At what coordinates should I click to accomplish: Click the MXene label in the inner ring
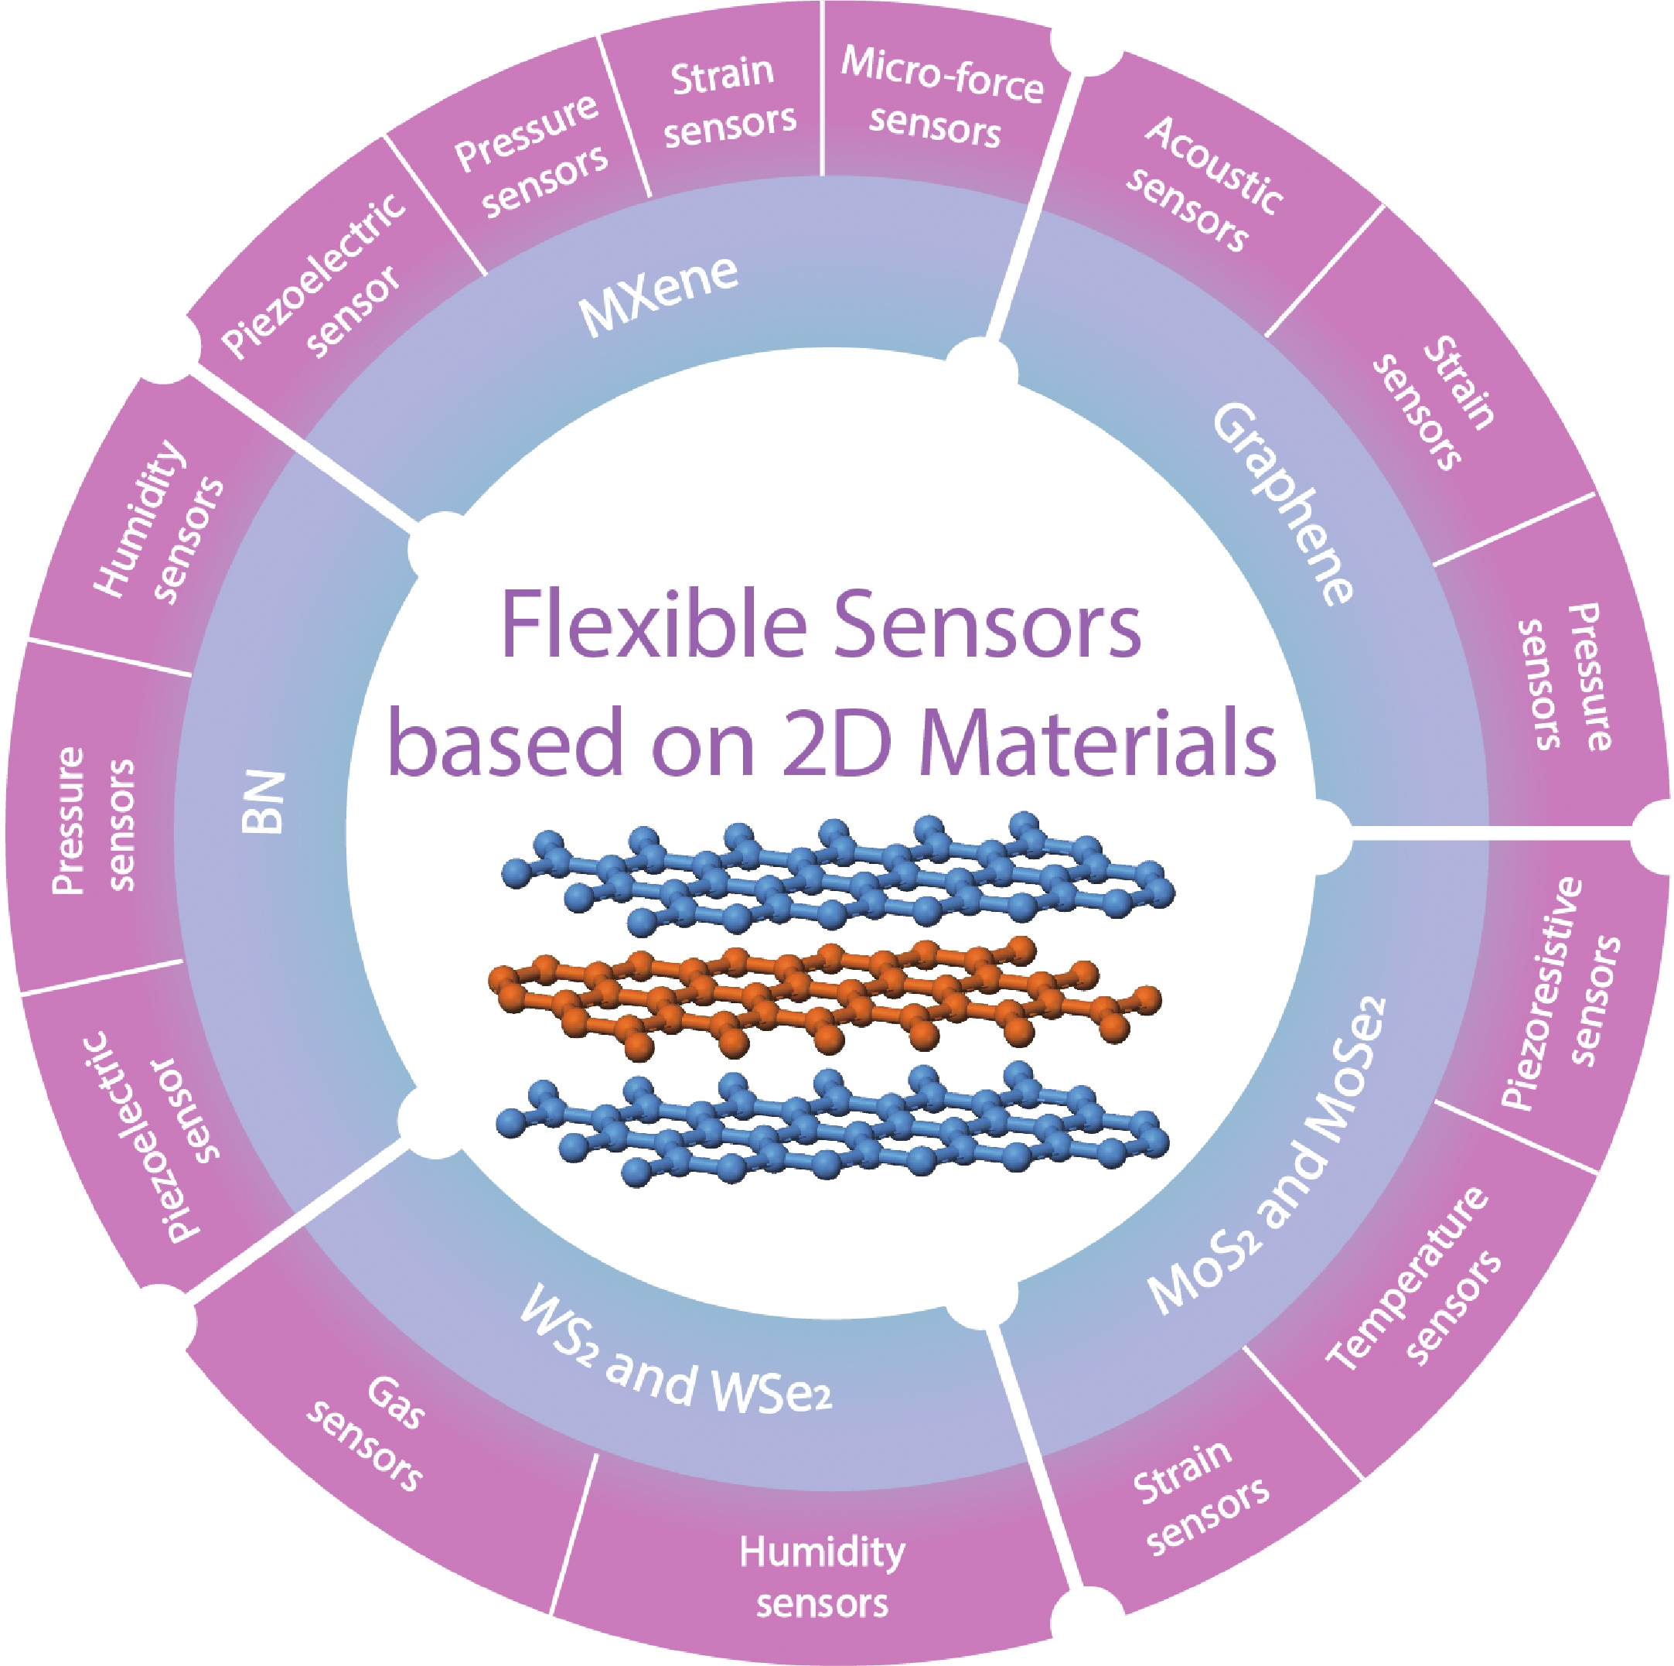click(x=658, y=295)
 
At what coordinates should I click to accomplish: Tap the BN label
click(x=263, y=802)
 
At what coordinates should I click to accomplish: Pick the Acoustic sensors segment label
click(x=1204, y=183)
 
